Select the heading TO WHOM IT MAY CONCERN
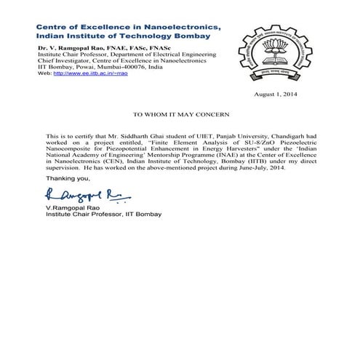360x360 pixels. click(182, 115)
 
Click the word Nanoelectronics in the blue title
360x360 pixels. click(177, 26)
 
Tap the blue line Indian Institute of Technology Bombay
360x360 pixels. click(122, 36)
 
